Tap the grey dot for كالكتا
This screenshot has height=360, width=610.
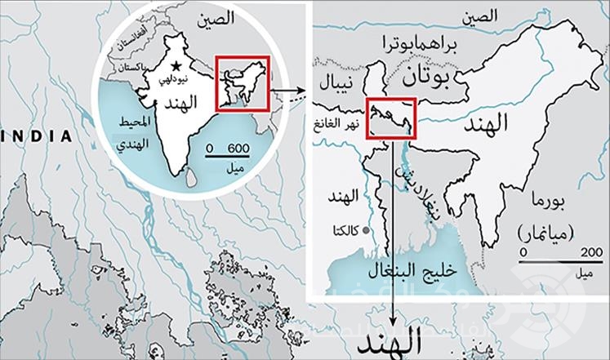tap(366, 230)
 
